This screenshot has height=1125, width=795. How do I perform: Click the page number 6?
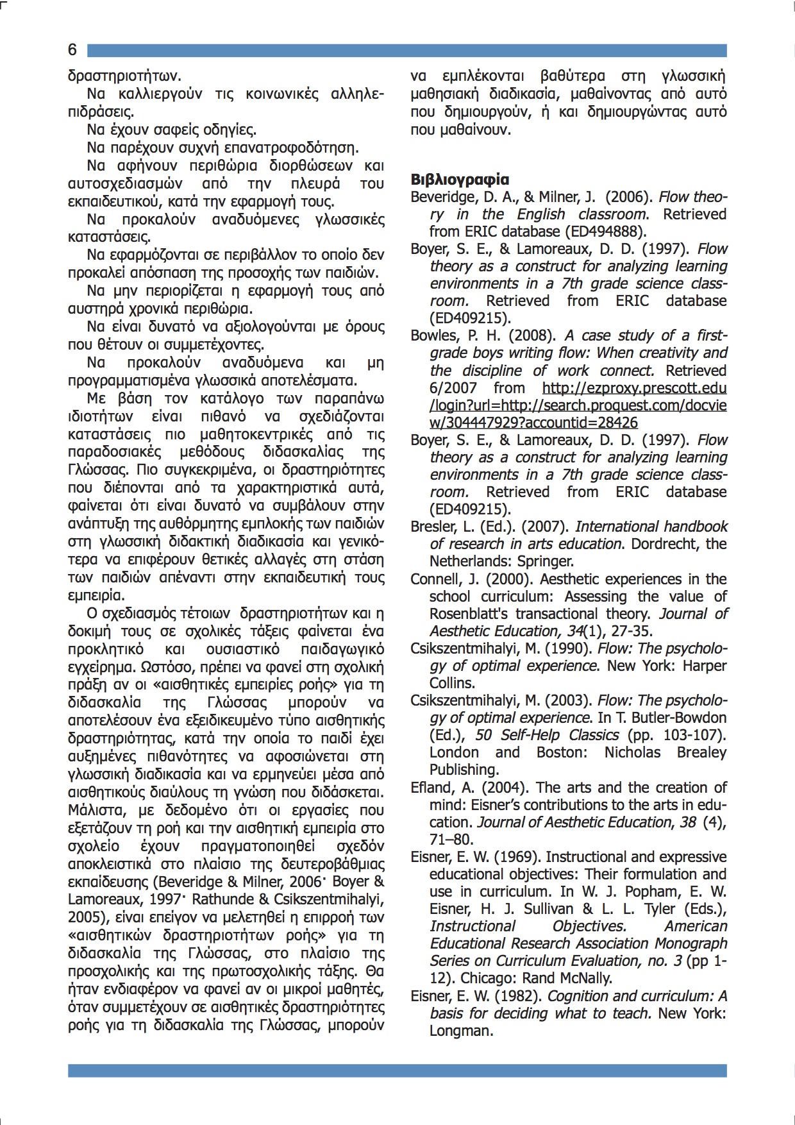pyautogui.click(x=72, y=50)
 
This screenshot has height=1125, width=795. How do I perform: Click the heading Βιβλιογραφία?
pyautogui.click(x=460, y=180)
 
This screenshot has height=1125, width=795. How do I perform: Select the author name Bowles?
pyautogui.click(x=433, y=335)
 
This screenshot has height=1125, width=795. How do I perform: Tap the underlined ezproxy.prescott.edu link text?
pyautogui.click(x=634, y=388)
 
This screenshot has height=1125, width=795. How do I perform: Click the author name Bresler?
pyautogui.click(x=432, y=527)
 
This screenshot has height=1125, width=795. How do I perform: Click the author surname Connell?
pyautogui.click(x=435, y=579)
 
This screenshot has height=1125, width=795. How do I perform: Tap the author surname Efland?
pyautogui.click(x=431, y=787)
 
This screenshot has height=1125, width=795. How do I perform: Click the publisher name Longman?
pyautogui.click(x=461, y=1031)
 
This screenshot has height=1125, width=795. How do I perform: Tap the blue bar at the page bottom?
pyautogui.click(x=397, y=1070)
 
